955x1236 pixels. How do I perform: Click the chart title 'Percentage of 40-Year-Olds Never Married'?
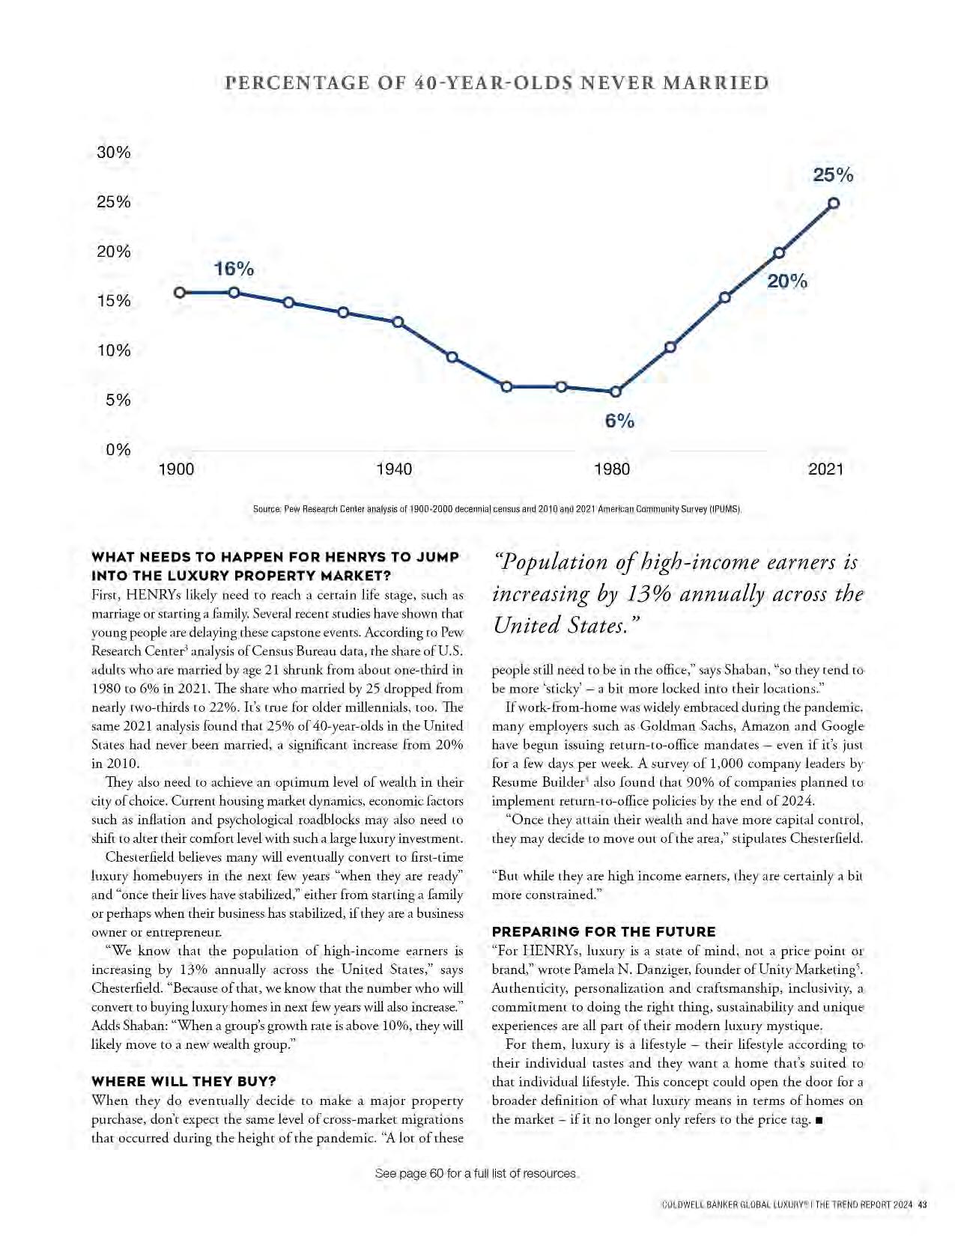(497, 83)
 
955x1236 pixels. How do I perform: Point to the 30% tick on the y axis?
(114, 153)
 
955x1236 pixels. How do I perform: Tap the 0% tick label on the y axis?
(118, 450)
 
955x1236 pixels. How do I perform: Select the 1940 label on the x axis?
(394, 469)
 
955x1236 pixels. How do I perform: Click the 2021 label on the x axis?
(825, 469)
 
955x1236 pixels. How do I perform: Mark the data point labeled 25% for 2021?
(833, 203)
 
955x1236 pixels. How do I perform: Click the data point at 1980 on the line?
(616, 392)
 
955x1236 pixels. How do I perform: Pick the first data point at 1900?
(180, 292)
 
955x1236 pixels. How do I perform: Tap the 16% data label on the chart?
(234, 269)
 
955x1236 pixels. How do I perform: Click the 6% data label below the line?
(619, 421)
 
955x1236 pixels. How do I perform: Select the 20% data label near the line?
(787, 281)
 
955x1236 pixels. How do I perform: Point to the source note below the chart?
(497, 509)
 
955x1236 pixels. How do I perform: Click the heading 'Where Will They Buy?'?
(184, 1081)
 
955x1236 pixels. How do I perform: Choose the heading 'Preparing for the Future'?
(604, 931)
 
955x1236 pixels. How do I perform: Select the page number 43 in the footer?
(922, 1205)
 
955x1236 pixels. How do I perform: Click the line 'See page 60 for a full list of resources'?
(476, 1173)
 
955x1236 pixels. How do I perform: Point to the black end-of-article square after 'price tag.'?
(819, 1120)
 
